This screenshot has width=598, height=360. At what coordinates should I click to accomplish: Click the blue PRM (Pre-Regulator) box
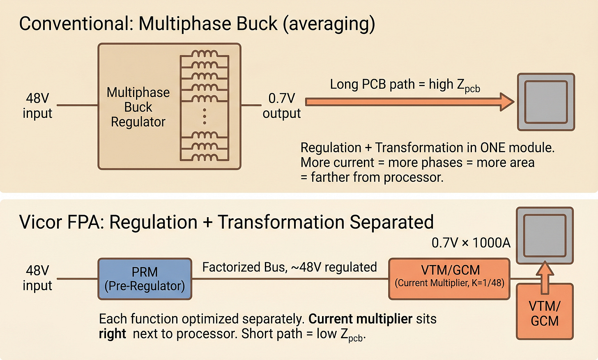pyautogui.click(x=145, y=279)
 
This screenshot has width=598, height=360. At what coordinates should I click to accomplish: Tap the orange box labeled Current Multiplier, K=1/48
pyautogui.click(x=449, y=278)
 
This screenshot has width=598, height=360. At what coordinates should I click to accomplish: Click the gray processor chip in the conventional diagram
pyautogui.click(x=546, y=102)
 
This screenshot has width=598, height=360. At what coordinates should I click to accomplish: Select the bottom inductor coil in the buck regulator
pyautogui.click(x=205, y=157)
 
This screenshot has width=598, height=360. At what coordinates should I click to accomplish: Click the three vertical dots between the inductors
pyautogui.click(x=205, y=116)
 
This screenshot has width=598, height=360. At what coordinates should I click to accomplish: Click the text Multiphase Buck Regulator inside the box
pyautogui.click(x=138, y=107)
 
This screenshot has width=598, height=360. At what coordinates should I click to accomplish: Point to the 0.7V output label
pyautogui.click(x=282, y=106)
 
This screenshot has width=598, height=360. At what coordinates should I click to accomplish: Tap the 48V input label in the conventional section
pyautogui.click(x=37, y=106)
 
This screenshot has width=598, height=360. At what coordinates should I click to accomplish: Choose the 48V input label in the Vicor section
pyautogui.click(x=37, y=278)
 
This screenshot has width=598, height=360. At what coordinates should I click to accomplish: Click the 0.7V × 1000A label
pyautogui.click(x=471, y=243)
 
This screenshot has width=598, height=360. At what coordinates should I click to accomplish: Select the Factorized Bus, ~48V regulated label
pyautogui.click(x=290, y=267)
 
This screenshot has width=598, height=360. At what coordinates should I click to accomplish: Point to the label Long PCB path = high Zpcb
pyautogui.click(x=405, y=85)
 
